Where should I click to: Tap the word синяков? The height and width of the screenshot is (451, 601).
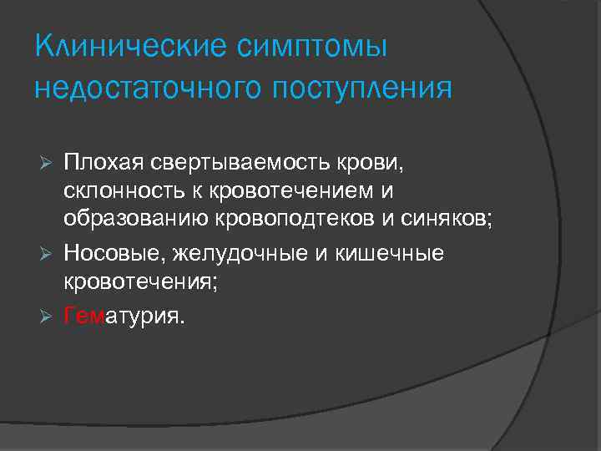coord(449,220)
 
